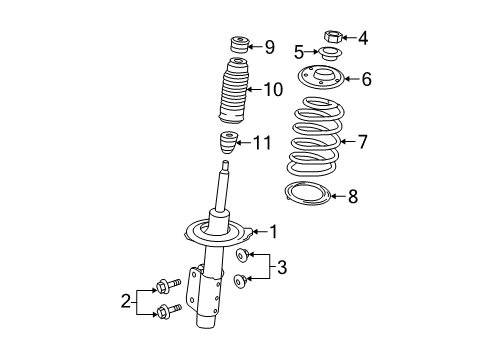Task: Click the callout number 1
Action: [x=271, y=232]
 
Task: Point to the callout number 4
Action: [x=362, y=39]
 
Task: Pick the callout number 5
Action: [x=299, y=52]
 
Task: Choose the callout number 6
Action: [x=366, y=78]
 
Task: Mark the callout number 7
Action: [x=362, y=141]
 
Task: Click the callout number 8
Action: [x=351, y=197]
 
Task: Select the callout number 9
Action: [x=269, y=46]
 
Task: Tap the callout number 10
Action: [x=273, y=90]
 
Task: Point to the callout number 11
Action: [x=262, y=143]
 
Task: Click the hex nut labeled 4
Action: [x=333, y=38]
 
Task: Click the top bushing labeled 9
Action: [x=239, y=46]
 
